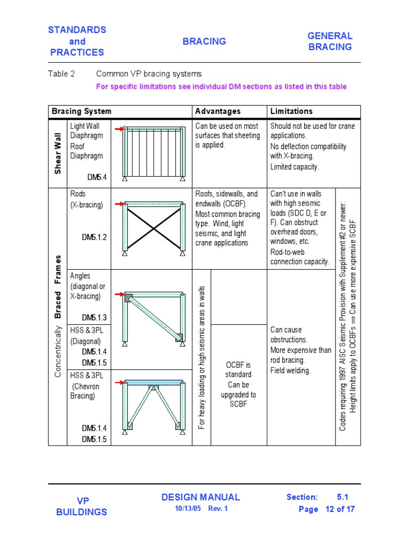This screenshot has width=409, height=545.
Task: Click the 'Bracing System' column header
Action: (81, 111)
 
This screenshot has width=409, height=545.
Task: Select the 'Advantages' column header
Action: (217, 111)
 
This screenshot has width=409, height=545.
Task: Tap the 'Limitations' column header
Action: (291, 111)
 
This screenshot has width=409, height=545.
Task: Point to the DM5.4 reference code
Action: (97, 177)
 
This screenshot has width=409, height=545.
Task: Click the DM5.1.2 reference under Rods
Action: (94, 237)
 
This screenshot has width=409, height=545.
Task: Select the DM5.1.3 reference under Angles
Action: (94, 317)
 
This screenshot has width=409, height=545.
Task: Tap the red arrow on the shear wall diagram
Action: (120, 129)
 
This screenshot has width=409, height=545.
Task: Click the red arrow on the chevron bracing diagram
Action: (120, 382)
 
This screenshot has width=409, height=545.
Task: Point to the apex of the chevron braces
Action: (154, 387)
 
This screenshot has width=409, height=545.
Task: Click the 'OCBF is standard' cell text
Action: (238, 370)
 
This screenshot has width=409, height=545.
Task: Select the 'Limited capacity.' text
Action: (295, 167)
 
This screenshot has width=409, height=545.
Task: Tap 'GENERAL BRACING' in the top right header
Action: (330, 42)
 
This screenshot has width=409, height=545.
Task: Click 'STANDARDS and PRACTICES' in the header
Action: (77, 41)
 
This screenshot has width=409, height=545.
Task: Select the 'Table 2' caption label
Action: (61, 74)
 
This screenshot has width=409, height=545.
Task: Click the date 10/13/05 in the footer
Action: (186, 508)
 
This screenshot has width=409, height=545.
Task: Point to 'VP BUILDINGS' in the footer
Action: (81, 506)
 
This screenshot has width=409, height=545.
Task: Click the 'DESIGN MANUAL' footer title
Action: (200, 497)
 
